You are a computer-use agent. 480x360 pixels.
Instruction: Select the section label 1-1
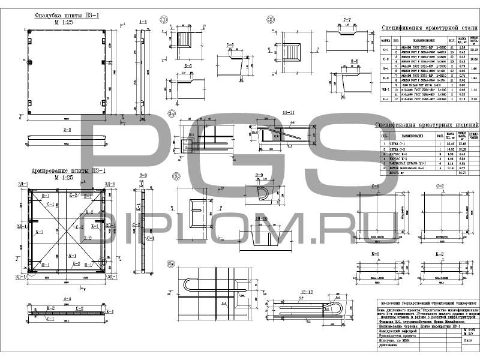pyautogui.click(x=143, y=22)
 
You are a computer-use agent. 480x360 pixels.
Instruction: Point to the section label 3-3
pyautogui.click(x=143, y=176)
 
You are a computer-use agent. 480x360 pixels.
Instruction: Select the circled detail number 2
pyautogui.click(x=271, y=19)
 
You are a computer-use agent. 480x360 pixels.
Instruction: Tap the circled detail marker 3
pyautogui.click(x=176, y=176)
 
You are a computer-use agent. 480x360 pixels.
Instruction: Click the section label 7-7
pyautogui.click(x=346, y=19)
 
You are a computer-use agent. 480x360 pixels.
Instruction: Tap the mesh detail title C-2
pyautogui.click(x=439, y=185)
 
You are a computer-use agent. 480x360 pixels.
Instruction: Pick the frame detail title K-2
pyautogui.click(x=439, y=254)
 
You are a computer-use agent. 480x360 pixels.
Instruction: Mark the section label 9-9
pyautogui.click(x=260, y=175)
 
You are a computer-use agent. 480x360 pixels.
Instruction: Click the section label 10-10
pyautogui.click(x=260, y=218)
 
